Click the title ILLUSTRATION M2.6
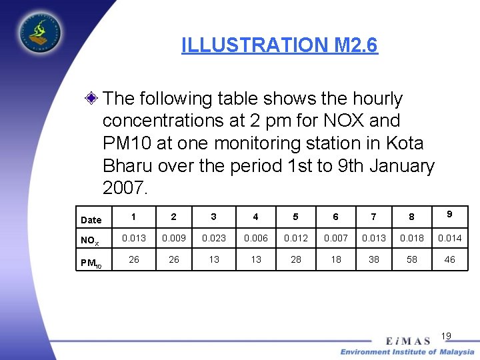[279, 45]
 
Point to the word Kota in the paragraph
[403, 143]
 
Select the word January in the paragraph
[398, 166]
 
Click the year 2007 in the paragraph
[125, 188]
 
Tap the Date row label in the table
[91, 220]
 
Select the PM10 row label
[91, 263]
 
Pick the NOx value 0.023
[214, 238]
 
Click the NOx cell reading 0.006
[256, 238]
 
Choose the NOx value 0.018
[412, 238]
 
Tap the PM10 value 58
[412, 259]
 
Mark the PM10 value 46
[449, 259]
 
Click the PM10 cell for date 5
[295, 259]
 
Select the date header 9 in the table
[450, 214]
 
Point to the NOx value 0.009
[174, 238]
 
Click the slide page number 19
[447, 335]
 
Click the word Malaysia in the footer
[457, 351]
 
